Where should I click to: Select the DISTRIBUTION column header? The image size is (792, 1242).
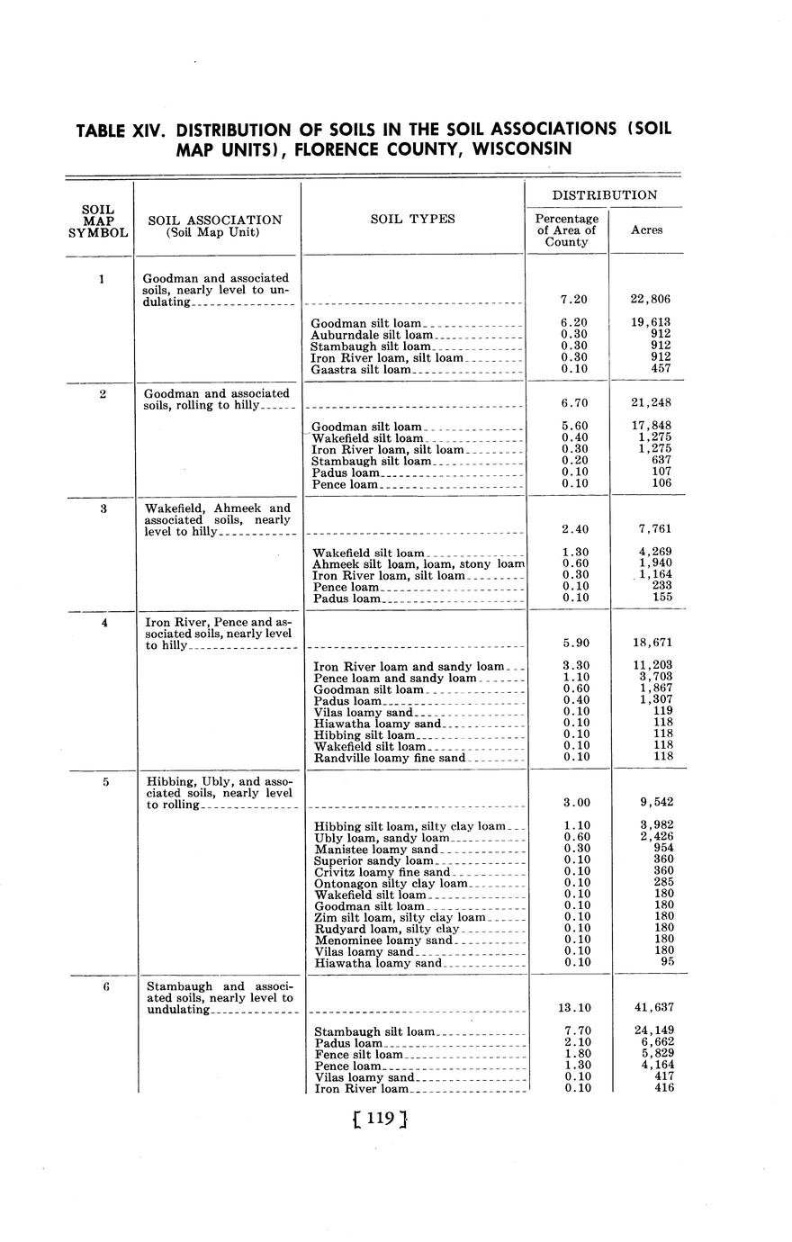(x=604, y=195)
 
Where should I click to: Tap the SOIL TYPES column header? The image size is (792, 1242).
(x=413, y=219)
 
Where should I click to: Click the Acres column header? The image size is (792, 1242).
(x=646, y=229)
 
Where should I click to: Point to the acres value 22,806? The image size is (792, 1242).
(x=651, y=300)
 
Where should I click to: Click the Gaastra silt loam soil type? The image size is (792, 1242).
(x=361, y=369)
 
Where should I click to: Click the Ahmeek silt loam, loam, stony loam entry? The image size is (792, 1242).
(x=418, y=564)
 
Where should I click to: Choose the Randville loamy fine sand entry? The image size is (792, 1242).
(x=390, y=758)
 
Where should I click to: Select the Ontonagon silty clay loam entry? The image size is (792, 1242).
(x=391, y=883)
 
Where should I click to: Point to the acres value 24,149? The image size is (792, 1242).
(x=652, y=1030)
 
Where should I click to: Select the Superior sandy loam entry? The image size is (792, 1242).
(x=373, y=860)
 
